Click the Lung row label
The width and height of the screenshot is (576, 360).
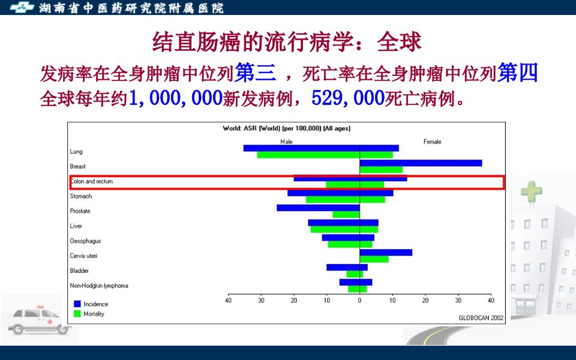[x=76, y=151]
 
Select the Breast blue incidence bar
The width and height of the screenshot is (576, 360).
[x=421, y=163]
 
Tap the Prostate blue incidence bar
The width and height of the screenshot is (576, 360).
[x=318, y=208]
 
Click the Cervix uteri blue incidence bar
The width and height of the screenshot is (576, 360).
[x=386, y=253]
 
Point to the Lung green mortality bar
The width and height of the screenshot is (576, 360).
[x=325, y=155]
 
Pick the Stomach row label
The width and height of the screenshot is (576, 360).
[x=81, y=196]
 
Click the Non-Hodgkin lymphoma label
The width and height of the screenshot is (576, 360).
[x=99, y=286]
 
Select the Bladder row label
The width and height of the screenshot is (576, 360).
[x=79, y=271]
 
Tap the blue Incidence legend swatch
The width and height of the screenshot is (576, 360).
[x=77, y=304]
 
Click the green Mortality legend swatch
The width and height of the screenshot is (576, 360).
[x=77, y=314]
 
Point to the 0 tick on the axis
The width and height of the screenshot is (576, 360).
[x=359, y=301]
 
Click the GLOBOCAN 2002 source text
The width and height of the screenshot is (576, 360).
[x=481, y=318]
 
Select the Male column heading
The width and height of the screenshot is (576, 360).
[x=287, y=142]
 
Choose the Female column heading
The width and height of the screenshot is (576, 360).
[x=432, y=142]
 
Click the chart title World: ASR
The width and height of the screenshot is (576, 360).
[x=287, y=128]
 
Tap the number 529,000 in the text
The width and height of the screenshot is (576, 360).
[x=347, y=98]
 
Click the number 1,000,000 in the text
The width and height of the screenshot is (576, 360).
[x=176, y=98]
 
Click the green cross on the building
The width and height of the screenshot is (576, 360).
[x=532, y=191]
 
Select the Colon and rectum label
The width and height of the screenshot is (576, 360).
[x=91, y=181]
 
